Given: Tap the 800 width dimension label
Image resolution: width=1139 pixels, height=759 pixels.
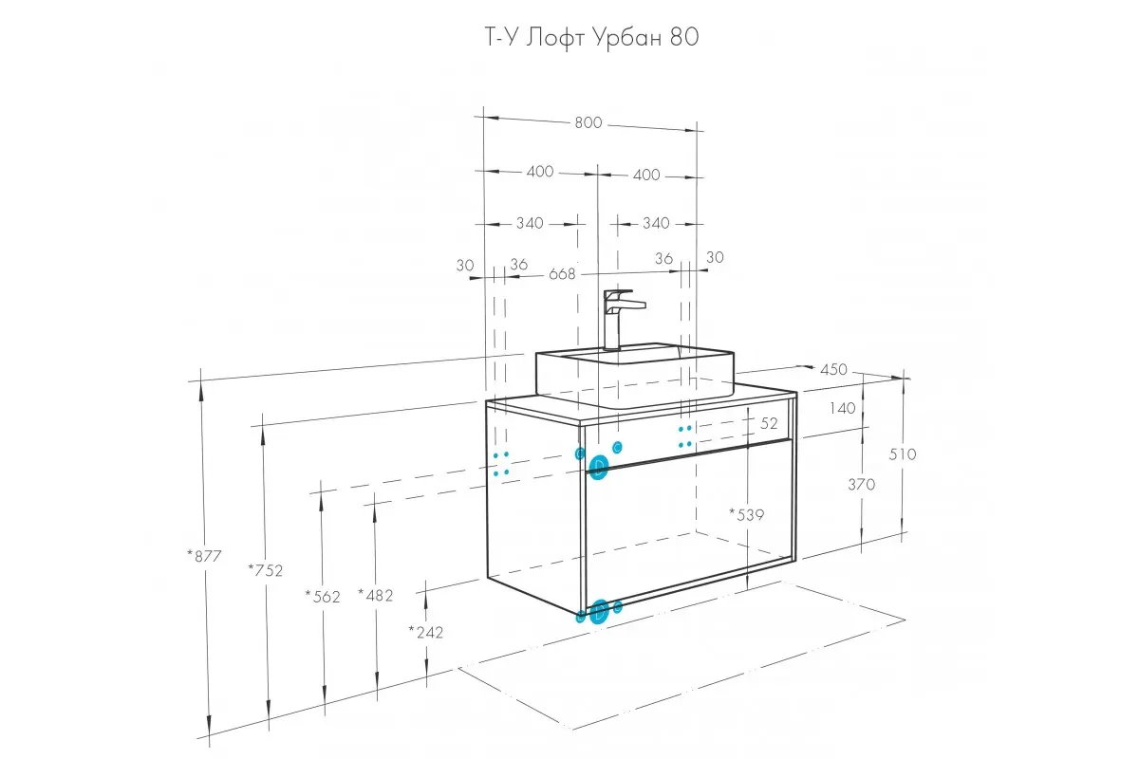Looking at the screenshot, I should coord(588,122).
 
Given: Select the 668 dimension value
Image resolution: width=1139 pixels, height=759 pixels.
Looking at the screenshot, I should coord(562,274).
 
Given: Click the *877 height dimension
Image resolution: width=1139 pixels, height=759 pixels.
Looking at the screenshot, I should coord(204,556).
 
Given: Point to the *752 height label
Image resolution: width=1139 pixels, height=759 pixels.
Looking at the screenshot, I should coord(265,569).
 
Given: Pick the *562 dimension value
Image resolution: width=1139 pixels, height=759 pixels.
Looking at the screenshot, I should coord(323,596).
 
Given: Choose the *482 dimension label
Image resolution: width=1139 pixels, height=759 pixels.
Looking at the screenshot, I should coord(376,595).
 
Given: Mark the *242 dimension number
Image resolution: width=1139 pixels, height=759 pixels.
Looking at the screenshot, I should coord(426,631).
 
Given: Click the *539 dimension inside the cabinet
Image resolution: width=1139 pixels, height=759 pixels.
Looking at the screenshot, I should coord(747,514).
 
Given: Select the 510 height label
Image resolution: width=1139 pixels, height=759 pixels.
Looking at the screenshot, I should coord(903,454).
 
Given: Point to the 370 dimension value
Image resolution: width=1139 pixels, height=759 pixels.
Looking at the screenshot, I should coord(862,484).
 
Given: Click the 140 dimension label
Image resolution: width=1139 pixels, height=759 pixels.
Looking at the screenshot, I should coord(843,408).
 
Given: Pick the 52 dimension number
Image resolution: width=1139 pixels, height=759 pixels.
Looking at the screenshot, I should coord(769,423).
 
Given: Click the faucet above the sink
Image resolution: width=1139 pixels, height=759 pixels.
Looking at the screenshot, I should coord(618,318).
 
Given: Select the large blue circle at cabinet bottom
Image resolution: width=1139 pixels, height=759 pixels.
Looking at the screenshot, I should coord(599,612).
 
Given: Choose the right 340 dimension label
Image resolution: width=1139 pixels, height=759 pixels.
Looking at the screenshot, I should coord(656,224).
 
